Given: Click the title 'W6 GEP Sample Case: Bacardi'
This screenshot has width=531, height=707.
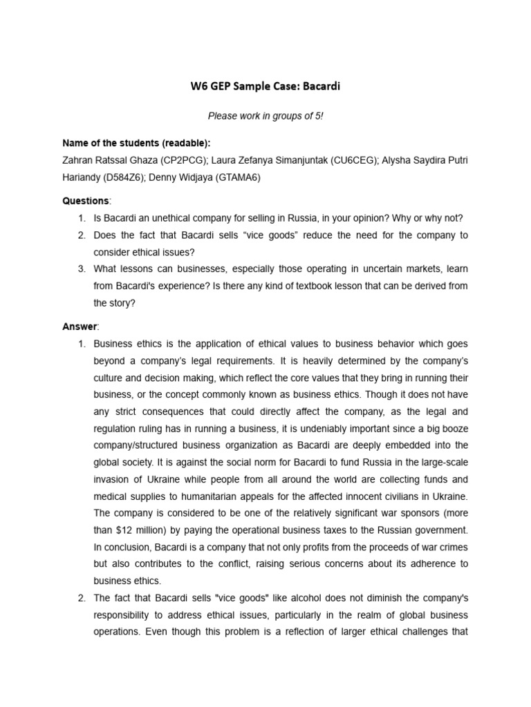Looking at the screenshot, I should click(265, 87).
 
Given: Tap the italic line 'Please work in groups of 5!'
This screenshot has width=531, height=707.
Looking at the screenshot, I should click(265, 116).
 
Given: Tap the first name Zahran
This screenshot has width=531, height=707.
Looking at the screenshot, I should click(78, 161).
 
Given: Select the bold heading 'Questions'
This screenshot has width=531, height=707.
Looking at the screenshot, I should click(85, 201).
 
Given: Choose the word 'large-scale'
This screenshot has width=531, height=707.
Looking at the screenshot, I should click(442, 462).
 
